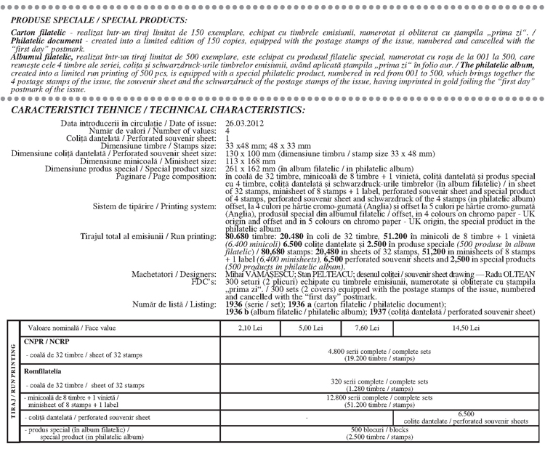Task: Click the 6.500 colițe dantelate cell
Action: point(466,418)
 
